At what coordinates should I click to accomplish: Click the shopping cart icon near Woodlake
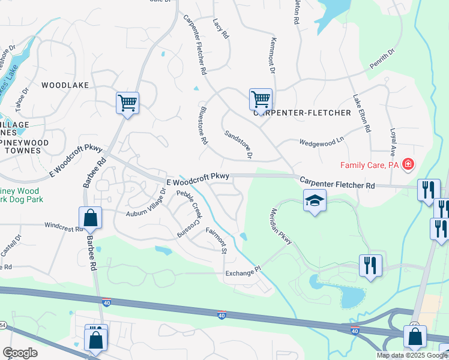tap(127, 103)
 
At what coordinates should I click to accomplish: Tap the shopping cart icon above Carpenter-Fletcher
tap(261, 99)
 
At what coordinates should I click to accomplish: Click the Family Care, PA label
tap(369, 164)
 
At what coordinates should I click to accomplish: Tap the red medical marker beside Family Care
tap(408, 164)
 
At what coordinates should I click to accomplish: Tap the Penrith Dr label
tap(382, 59)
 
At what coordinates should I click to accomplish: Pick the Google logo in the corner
tap(20, 353)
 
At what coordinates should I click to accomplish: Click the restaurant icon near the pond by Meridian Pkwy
tap(370, 265)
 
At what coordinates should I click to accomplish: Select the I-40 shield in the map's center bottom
tap(221, 315)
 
